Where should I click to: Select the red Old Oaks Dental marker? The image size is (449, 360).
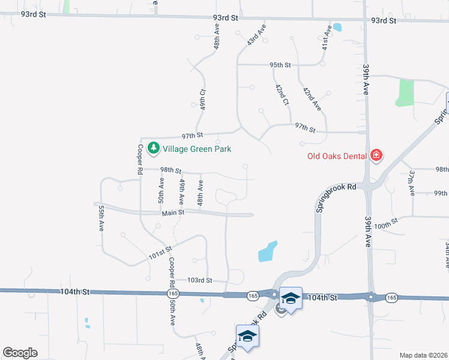click(376, 155)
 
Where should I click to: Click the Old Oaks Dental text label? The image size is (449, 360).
click(337, 156)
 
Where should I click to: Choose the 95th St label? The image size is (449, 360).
click(280, 65)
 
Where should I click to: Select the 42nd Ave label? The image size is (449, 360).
click(312, 100)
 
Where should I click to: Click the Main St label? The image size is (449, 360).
click(172, 213)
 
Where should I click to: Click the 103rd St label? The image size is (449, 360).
click(200, 280)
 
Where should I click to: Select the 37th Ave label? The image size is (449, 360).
click(412, 183)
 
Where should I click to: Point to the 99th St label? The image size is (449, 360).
click(441, 193)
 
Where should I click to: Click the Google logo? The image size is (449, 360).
click(20, 353)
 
